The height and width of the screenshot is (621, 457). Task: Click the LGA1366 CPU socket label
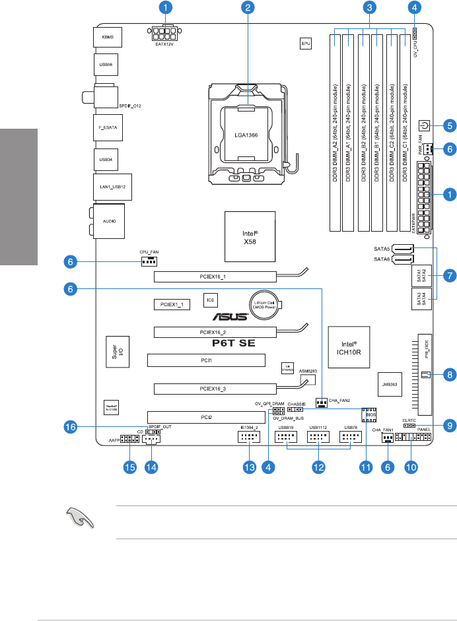(246, 134)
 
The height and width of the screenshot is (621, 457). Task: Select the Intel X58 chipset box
(248, 234)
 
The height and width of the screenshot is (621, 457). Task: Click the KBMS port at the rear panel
(107, 38)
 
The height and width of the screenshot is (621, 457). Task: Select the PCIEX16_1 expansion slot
(215, 276)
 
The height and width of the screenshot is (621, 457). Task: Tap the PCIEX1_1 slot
(171, 304)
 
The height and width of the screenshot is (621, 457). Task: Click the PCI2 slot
(206, 416)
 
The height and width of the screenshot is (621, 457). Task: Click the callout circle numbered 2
(248, 8)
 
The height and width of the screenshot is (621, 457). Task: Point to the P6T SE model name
(228, 344)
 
